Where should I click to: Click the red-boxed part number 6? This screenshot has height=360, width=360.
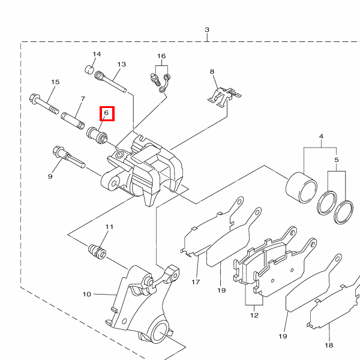coord(106,113)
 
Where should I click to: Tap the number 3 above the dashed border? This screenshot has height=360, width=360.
coord(207,29)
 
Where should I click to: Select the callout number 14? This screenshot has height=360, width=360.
coord(97,54)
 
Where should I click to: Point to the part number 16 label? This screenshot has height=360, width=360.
coord(161,56)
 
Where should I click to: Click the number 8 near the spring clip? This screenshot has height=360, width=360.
coord(212,71)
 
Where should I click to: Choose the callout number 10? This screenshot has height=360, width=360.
coord(87,294)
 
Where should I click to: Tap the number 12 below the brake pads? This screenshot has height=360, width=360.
coord(254,315)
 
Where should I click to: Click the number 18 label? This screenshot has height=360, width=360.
coord(329,345)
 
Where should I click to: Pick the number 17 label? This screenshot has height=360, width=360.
coord(196,282)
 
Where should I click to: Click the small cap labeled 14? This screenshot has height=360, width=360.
coord(89,70)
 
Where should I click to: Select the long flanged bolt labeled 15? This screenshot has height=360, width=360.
coord(44,104)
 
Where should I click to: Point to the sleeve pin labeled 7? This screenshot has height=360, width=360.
coord(73,121)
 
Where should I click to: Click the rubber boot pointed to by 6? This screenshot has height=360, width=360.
coord(97,136)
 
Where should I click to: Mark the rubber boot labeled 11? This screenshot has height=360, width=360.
coord(97,252)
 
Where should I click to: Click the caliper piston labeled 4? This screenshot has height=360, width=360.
coord(301,187)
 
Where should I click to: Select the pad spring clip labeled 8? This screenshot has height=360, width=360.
coord(224,97)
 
